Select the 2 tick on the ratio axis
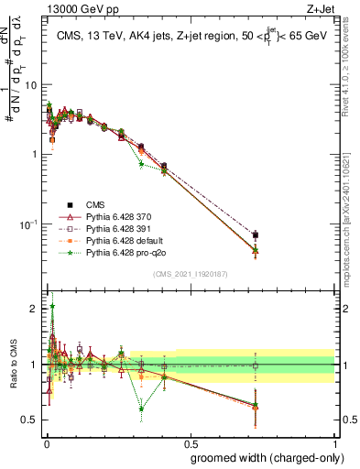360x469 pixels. (34, 309)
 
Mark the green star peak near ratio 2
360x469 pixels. (52, 307)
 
